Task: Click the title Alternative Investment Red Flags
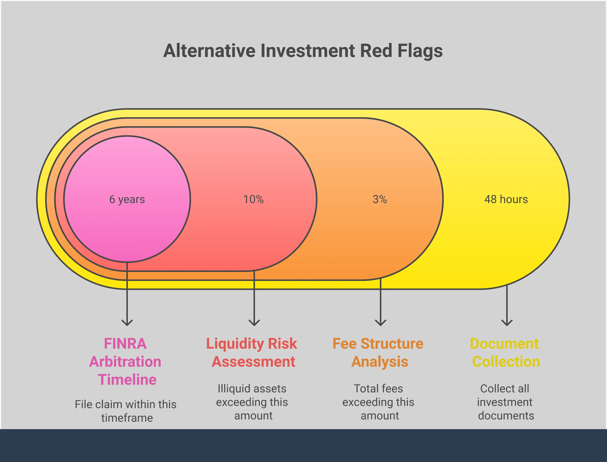point(303,51)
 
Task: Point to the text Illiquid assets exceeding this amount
point(252,402)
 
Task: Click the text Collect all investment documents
point(505,402)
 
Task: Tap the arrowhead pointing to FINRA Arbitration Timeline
point(127,323)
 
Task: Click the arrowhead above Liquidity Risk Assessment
point(254,323)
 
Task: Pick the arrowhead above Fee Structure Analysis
point(380,323)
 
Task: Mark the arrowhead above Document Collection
point(507,323)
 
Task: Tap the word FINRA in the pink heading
point(125,344)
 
